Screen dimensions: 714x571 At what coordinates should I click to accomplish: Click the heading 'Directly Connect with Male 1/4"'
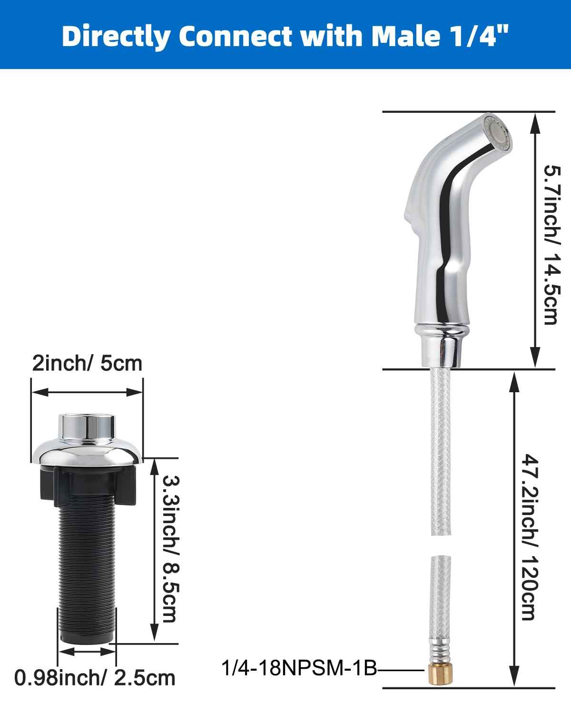pos(285,36)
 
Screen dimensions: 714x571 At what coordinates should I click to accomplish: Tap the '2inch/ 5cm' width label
pos(87,363)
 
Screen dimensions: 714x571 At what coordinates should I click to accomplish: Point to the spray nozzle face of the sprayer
pos(497,133)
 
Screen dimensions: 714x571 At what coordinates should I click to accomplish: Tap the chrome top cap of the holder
pos(87,425)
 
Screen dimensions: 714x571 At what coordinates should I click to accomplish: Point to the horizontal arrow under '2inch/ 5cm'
pos(87,392)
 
